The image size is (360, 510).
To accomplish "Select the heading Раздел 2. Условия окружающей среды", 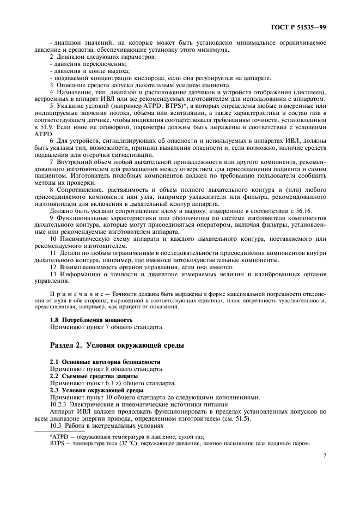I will click(117, 345).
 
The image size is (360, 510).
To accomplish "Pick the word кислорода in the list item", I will click(141, 77).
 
